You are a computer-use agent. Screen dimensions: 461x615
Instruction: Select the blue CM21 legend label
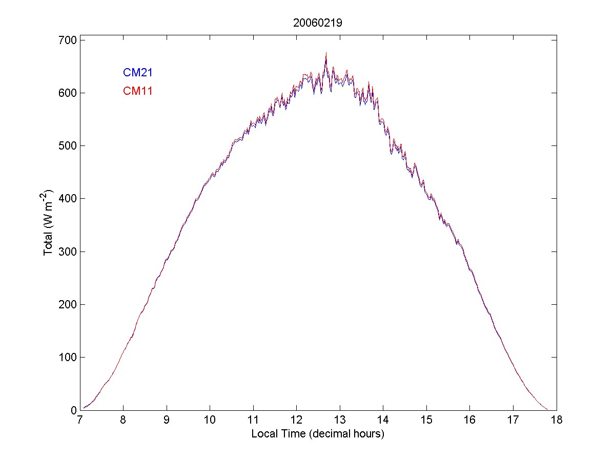click(x=138, y=73)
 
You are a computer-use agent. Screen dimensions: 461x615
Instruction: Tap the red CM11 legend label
click(x=138, y=91)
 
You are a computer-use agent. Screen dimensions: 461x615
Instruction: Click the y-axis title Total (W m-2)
click(x=50, y=223)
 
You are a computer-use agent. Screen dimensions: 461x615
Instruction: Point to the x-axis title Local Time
click(x=318, y=434)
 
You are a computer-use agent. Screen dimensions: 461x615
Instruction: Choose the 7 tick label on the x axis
click(x=80, y=421)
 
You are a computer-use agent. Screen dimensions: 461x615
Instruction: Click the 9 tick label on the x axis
click(x=167, y=421)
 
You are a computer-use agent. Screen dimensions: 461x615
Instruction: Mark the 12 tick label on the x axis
click(x=296, y=421)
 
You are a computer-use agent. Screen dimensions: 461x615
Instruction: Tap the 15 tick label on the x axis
click(x=426, y=421)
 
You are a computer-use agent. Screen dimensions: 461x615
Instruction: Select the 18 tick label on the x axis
click(x=557, y=421)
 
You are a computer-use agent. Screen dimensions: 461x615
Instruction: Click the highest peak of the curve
click(x=326, y=53)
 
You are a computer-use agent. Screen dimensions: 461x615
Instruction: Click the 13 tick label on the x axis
click(x=340, y=421)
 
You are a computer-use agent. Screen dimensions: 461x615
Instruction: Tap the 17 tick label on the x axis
click(x=513, y=421)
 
